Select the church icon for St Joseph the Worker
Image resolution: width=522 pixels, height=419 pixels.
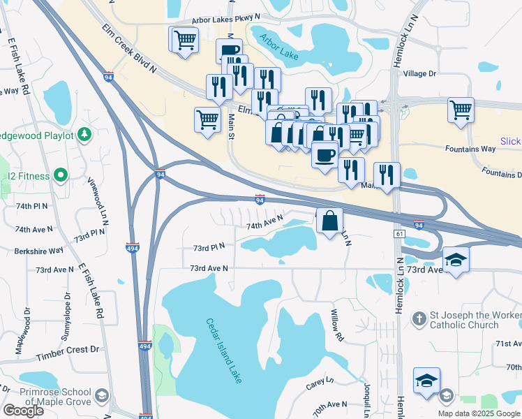tap(419, 318)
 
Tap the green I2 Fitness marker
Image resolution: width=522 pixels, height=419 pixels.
tap(61, 176)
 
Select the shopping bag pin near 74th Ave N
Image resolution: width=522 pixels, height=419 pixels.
tap(330, 222)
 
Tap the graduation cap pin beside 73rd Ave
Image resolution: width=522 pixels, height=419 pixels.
tap(456, 260)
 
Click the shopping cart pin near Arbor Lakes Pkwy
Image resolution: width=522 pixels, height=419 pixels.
tap(185, 39)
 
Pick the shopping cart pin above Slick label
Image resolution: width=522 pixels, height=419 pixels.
tap(461, 110)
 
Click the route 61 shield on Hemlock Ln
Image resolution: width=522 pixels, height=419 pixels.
tap(399, 234)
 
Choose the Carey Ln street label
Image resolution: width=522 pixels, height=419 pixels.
tap(320, 385)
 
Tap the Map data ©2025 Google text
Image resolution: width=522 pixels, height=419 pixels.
tap(477, 413)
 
